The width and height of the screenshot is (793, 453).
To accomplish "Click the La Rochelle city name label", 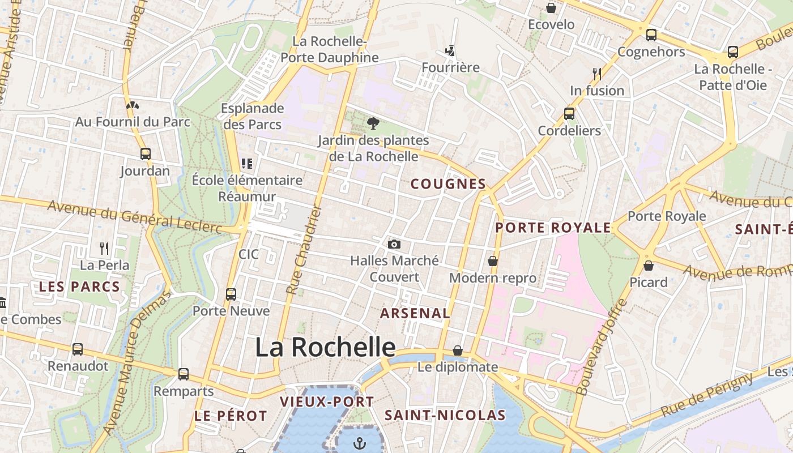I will tap(325, 347).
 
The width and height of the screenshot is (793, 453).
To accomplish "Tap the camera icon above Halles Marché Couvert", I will tap(394, 245).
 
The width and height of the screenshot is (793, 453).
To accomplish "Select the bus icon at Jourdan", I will tap(146, 154).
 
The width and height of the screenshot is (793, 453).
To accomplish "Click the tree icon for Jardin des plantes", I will tap(373, 123).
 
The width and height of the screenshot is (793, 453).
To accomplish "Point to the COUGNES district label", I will tap(448, 184).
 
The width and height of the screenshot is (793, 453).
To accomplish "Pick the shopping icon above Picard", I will tap(649, 265).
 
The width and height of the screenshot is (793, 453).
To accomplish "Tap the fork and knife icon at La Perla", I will tap(104, 248).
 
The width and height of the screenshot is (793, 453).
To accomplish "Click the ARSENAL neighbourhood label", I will tap(415, 313).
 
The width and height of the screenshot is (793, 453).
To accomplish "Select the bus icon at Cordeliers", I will tap(569, 114).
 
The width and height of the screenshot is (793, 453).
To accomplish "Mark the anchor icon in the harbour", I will tap(360, 443).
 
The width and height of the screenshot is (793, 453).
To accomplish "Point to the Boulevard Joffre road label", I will tap(602, 347).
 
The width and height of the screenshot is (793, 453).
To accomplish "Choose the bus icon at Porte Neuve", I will tap(231, 294).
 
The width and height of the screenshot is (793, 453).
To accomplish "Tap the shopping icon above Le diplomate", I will tap(458, 351).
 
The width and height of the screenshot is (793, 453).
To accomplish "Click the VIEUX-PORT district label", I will tap(327, 402).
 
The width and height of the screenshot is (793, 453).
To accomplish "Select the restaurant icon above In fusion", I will tap(596, 74).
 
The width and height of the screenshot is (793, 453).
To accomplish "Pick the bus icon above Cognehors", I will tap(651, 35).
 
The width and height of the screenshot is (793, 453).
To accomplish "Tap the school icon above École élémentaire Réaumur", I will tap(247, 164).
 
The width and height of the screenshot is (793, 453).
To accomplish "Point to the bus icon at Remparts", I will tap(184, 374).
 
